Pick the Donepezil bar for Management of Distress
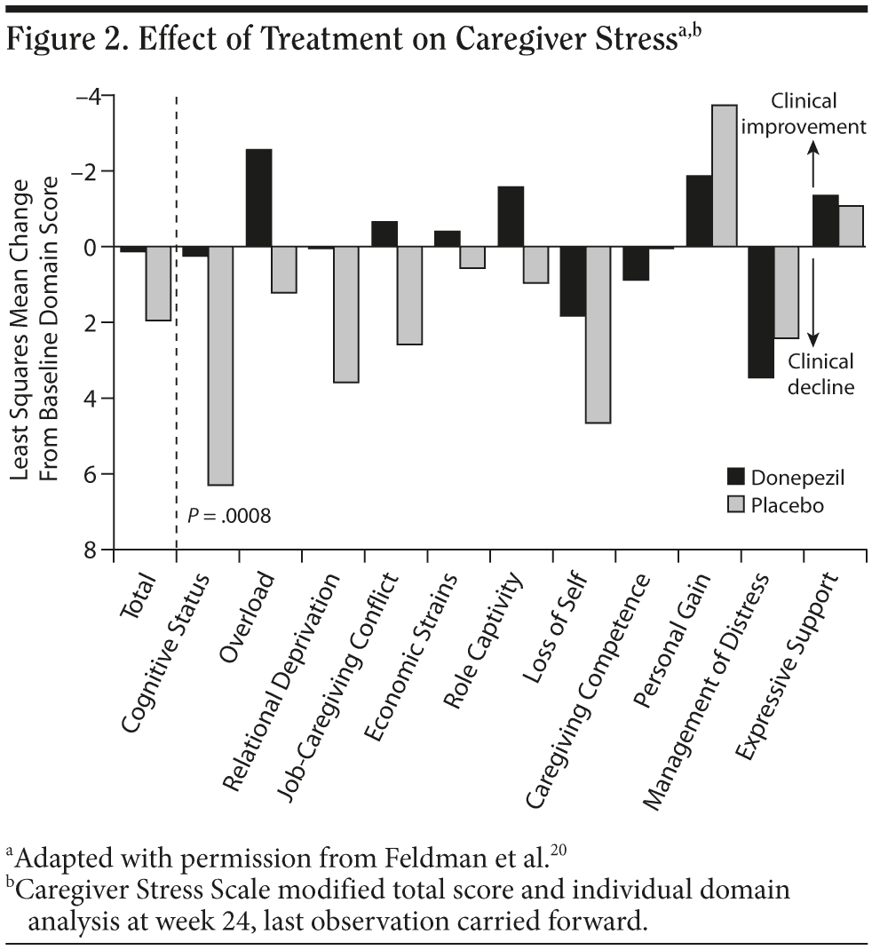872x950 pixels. tap(760, 312)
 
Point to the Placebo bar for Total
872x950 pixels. tap(158, 283)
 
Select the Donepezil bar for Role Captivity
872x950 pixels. tap(511, 217)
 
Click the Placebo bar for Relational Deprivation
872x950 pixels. tap(346, 314)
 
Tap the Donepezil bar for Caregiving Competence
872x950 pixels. tap(635, 264)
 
